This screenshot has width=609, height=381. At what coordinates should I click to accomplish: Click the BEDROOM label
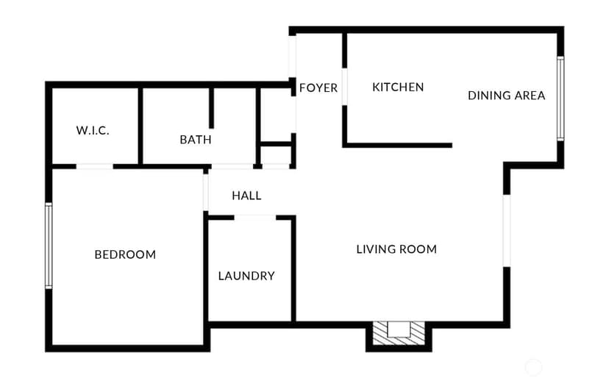(x=125, y=254)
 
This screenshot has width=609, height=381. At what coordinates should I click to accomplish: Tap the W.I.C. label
(x=93, y=130)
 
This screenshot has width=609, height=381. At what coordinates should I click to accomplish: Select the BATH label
(x=196, y=140)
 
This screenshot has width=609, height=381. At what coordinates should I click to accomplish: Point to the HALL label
(x=246, y=196)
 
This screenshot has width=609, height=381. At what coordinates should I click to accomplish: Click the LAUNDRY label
(x=246, y=276)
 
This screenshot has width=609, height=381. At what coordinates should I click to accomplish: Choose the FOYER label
(x=318, y=88)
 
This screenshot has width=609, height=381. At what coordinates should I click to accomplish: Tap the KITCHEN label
(x=398, y=87)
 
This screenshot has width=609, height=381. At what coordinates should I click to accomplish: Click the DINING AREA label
(x=506, y=96)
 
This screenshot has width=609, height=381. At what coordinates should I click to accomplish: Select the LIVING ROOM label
(x=396, y=249)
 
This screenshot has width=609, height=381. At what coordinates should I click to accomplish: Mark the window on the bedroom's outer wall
(x=49, y=246)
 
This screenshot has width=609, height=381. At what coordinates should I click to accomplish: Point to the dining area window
(x=560, y=99)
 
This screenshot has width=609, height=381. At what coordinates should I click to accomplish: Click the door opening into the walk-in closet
(x=94, y=167)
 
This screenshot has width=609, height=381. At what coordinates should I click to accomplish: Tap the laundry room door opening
(x=254, y=218)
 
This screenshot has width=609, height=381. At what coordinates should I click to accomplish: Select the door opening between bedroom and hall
(x=205, y=193)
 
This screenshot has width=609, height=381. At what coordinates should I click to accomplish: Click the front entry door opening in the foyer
(x=292, y=57)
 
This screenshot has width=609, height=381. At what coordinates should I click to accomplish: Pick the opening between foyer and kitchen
(x=344, y=87)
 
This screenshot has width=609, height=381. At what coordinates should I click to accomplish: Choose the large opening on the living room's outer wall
(x=507, y=231)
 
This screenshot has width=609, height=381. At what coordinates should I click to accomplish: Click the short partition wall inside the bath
(x=211, y=108)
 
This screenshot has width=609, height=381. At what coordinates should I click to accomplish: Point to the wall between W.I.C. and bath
(x=140, y=127)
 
